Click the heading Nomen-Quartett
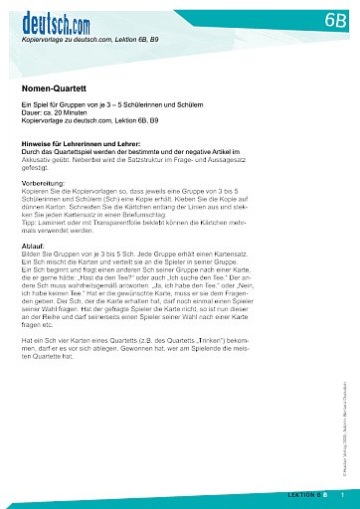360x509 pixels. [x=51, y=88]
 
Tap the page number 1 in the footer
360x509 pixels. [x=343, y=494]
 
